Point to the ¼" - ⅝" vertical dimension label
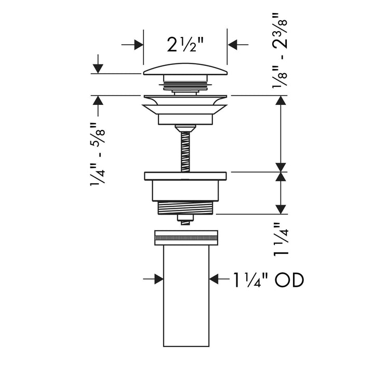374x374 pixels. tap(97, 156)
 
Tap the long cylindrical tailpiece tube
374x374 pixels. tap(185, 296)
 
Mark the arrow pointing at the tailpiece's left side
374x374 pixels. tap(158, 279)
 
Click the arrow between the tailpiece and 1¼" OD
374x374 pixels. tap(214, 279)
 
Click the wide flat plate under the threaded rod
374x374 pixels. tap(185, 175)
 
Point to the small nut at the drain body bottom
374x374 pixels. tap(185, 218)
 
